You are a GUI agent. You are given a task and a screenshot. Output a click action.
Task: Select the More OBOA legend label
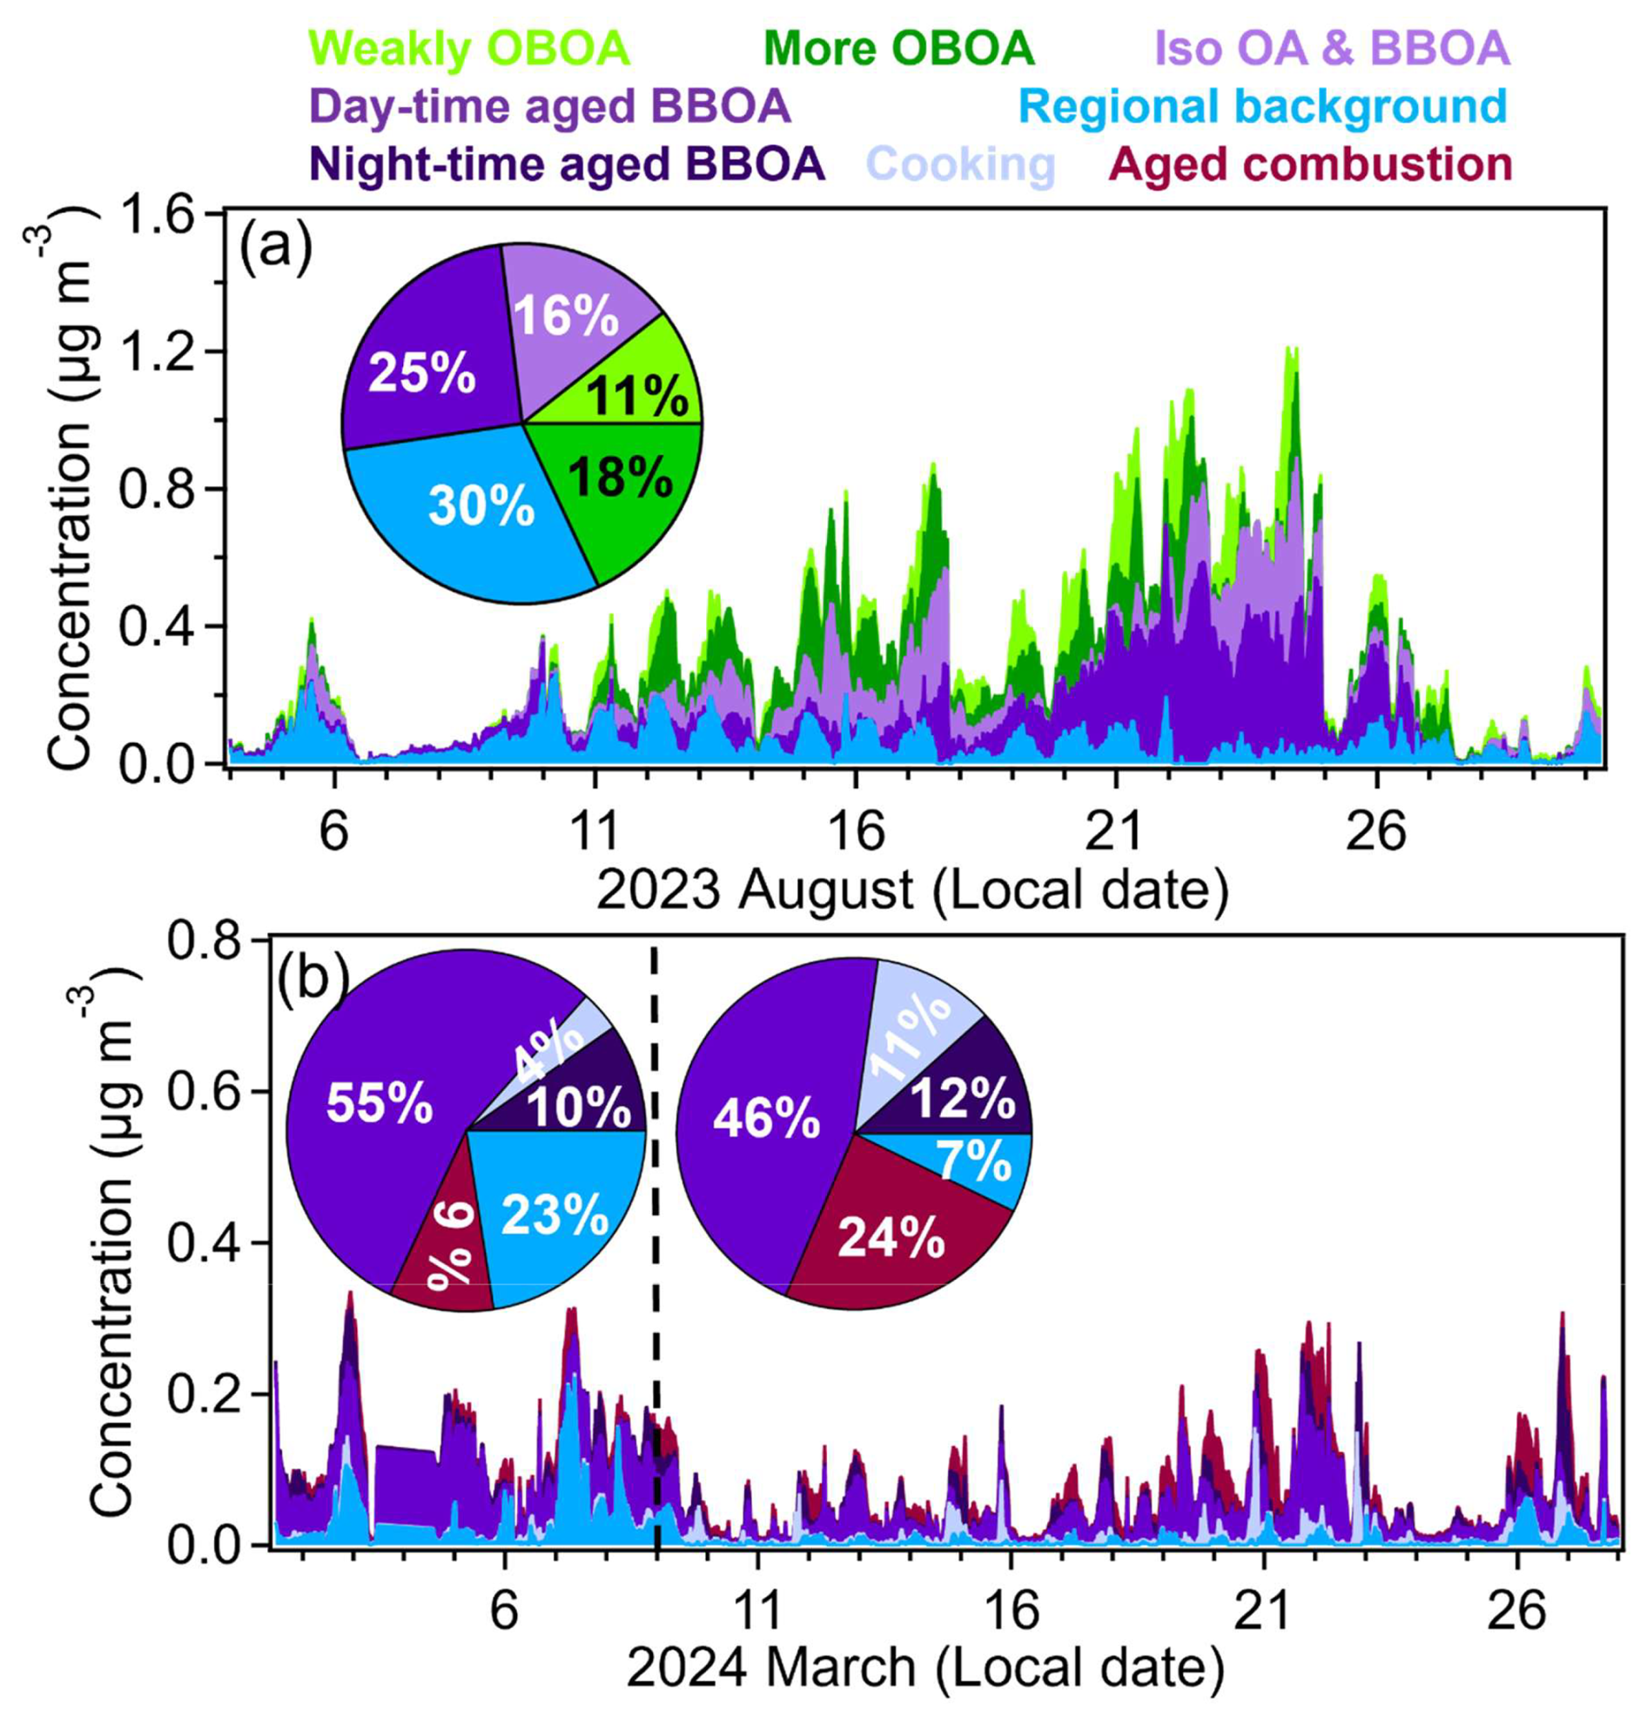click(x=904, y=49)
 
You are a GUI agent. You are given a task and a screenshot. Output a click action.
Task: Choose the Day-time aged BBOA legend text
click(x=550, y=107)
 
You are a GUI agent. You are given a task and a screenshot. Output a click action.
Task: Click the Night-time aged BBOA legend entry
click(x=568, y=164)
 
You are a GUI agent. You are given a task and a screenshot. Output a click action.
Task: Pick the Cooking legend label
click(x=963, y=164)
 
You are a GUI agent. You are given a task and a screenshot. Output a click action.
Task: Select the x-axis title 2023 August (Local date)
click(x=913, y=891)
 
